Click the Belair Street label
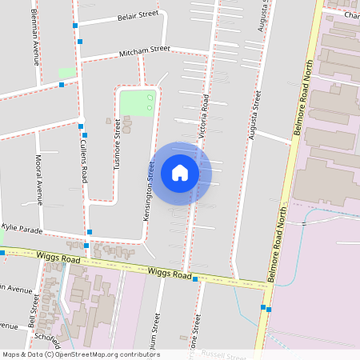(138, 15)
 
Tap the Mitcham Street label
(144, 50)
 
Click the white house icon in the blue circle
(180, 172)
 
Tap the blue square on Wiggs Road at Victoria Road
(194, 278)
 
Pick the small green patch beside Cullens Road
(67, 73)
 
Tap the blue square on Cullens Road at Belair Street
(76, 26)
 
